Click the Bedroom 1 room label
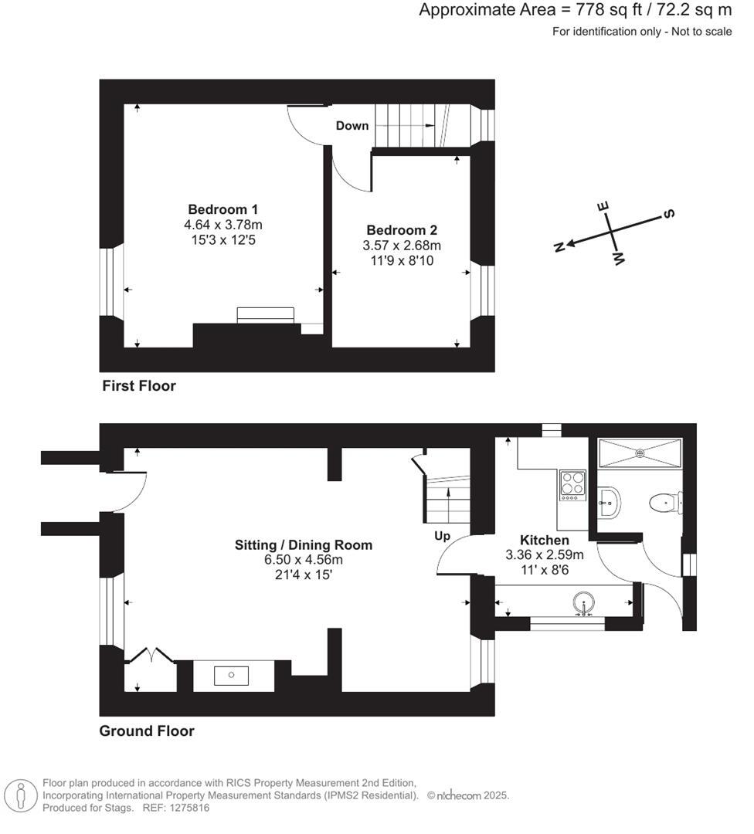222,209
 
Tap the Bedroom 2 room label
402,230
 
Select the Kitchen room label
544,540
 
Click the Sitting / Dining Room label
304,545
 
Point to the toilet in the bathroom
663,503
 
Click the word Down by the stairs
352,125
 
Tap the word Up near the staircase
442,536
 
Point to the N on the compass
559,246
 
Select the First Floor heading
139,386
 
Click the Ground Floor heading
147,731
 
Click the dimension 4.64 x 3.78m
222,225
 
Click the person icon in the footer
21,795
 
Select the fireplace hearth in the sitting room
232,676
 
